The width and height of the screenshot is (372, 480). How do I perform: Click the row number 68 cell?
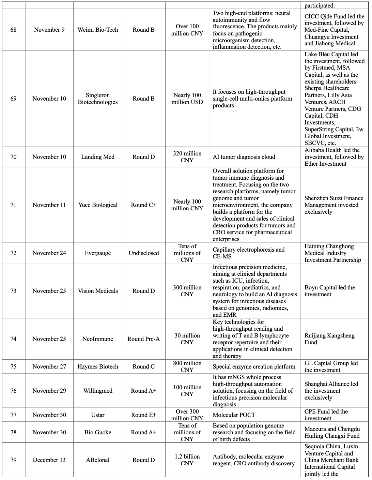click(13, 30)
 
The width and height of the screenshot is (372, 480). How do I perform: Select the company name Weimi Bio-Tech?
click(98, 30)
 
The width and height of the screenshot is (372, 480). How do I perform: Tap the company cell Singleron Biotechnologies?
click(98, 99)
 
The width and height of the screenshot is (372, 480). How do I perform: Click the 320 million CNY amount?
click(187, 157)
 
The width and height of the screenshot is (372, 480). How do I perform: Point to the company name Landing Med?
click(98, 157)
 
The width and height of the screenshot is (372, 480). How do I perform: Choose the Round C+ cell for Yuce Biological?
click(143, 205)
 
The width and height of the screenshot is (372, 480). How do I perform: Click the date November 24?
click(49, 253)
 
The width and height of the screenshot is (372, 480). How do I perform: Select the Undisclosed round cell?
click(143, 253)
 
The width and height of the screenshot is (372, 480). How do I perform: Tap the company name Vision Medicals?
click(98, 291)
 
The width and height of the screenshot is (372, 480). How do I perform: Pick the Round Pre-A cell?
click(143, 339)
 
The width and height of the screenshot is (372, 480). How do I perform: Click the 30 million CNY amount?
click(187, 339)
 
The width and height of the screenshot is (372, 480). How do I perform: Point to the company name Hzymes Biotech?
click(98, 366)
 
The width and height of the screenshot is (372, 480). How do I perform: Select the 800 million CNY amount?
click(187, 366)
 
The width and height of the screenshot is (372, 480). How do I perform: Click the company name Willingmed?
click(98, 391)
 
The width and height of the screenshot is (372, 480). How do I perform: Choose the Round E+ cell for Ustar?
click(143, 415)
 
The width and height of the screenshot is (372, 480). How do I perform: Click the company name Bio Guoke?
click(98, 432)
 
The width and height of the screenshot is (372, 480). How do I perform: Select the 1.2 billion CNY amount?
click(187, 460)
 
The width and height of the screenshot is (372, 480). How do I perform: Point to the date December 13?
click(49, 460)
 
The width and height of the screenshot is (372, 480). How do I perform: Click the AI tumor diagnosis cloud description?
click(244, 157)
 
